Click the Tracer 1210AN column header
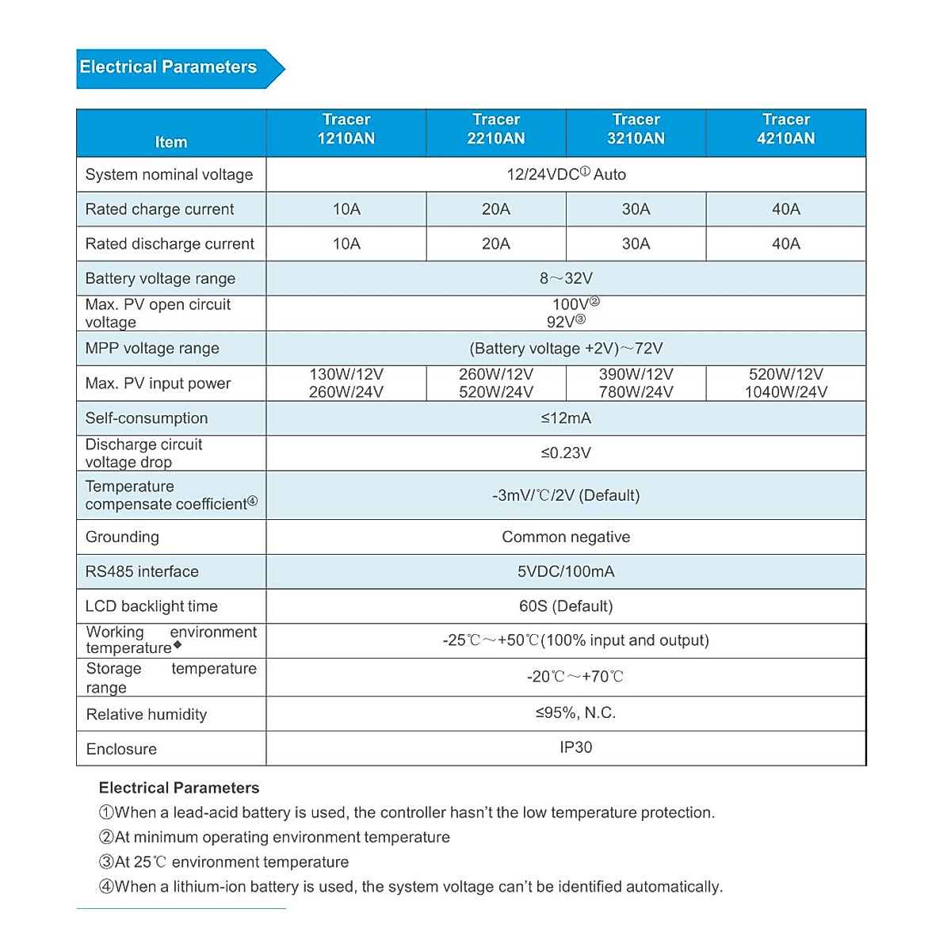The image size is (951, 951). click(x=346, y=129)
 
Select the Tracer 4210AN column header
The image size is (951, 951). click(x=785, y=129)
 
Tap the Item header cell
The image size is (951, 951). click(x=171, y=142)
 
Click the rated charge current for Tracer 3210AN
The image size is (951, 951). click(x=636, y=209)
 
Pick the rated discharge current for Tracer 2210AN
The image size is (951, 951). click(x=496, y=244)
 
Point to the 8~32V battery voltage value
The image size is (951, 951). click(x=566, y=279)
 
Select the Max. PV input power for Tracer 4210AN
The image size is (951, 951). click(x=785, y=384)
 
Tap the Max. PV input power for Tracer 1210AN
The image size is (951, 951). click(x=346, y=384)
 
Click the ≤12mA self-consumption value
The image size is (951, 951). click(x=566, y=418)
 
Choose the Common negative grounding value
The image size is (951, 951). click(x=566, y=537)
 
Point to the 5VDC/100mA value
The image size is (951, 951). click(x=566, y=572)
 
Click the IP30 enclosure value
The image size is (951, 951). click(x=575, y=747)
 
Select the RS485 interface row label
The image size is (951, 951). click(x=142, y=572)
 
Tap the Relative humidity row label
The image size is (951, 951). click(x=147, y=715)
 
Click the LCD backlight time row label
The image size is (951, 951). click(x=151, y=607)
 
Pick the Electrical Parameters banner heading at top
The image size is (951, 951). click(x=169, y=67)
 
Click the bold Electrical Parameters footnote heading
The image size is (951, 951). click(x=179, y=788)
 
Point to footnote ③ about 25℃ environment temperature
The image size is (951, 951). click(x=223, y=862)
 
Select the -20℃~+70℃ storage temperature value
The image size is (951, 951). click(x=575, y=677)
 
